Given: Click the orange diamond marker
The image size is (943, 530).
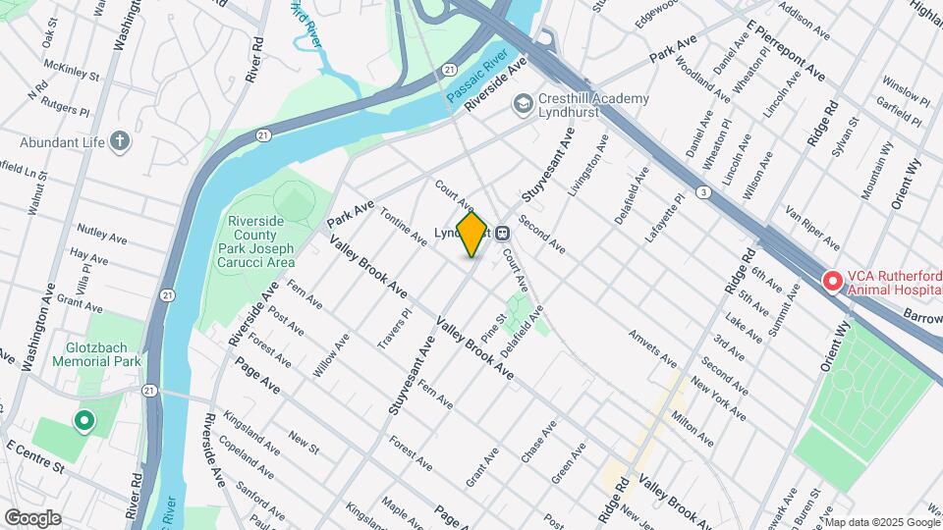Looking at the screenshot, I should [472, 235].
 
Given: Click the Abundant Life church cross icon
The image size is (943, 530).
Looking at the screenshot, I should [120, 141].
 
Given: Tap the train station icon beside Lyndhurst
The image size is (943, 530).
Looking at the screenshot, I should [503, 234].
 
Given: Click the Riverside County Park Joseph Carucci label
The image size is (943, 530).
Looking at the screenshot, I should [260, 241].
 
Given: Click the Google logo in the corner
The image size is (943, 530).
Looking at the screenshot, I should [32, 517].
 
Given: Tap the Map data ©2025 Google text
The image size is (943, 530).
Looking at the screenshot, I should [885, 520].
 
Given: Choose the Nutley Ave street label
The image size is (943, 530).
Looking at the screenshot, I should [103, 238].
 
